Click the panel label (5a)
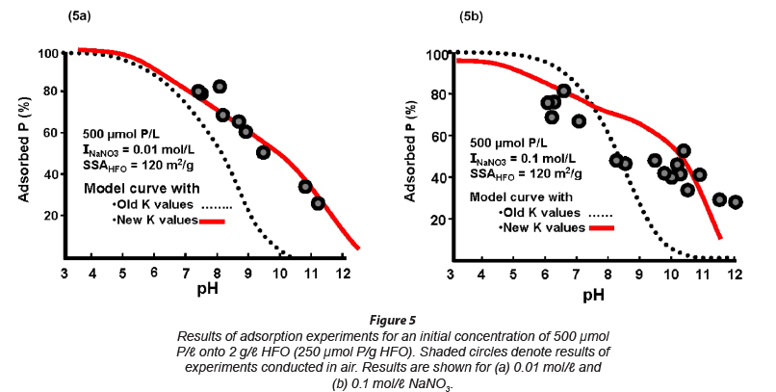coord(80,15)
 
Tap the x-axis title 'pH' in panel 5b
coord(593,294)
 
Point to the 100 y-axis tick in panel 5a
coord(48,53)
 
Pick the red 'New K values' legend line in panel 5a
coord(213,221)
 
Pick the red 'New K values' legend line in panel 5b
coord(600,228)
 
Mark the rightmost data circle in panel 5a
coord(318,203)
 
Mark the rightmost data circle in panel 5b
coord(736,202)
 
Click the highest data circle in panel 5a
coord(220,87)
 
